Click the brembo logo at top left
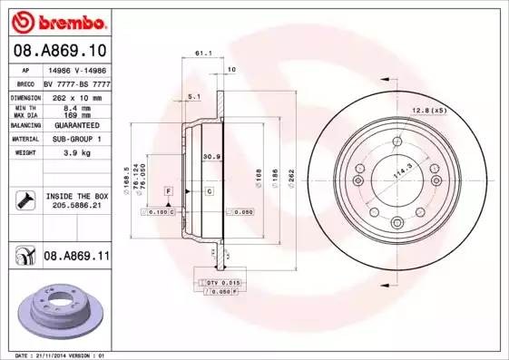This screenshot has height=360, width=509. tap(56, 18)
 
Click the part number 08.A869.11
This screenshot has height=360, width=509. tap(76, 258)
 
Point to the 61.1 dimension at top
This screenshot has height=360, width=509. tap(203, 54)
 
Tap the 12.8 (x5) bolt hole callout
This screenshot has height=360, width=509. tap(429, 111)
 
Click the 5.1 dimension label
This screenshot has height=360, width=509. tap(193, 96)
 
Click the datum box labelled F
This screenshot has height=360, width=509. tap(169, 191)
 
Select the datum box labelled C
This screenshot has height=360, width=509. tap(208, 191)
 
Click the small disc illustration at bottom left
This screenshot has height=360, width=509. tap(58, 308)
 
